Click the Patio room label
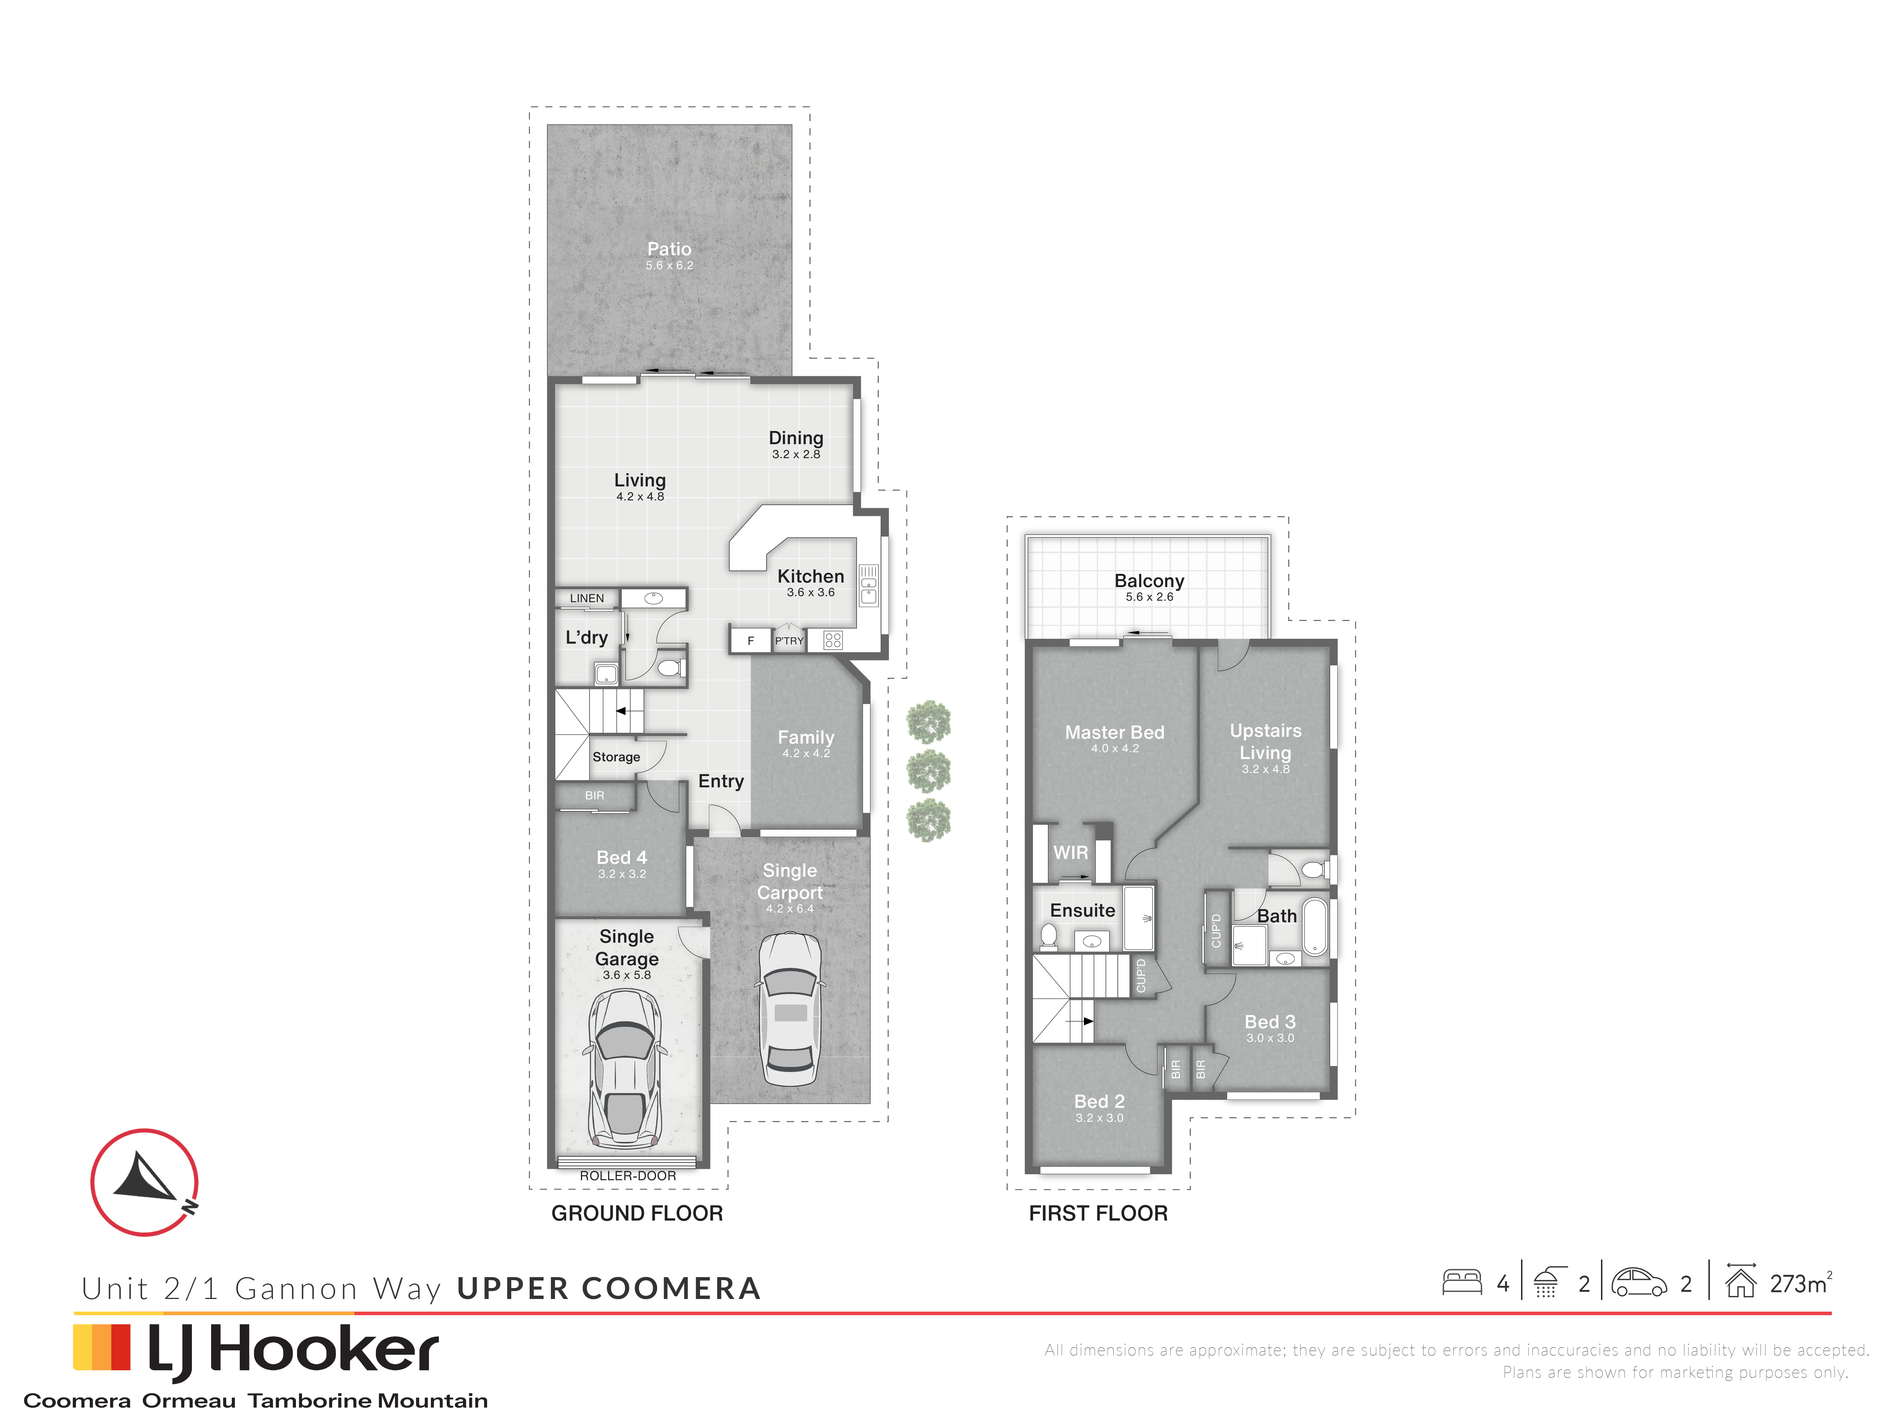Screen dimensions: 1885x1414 (669, 249)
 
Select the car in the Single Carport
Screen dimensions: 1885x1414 (790, 1008)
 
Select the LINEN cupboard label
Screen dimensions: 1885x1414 (587, 598)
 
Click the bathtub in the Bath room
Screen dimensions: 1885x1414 (1315, 926)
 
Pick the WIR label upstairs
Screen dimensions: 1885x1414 (1070, 852)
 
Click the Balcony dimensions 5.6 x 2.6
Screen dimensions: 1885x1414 (1149, 597)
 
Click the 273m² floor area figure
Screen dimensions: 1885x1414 (1801, 1284)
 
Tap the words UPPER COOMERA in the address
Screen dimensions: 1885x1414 (608, 1289)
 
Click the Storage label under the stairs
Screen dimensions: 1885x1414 (616, 757)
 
